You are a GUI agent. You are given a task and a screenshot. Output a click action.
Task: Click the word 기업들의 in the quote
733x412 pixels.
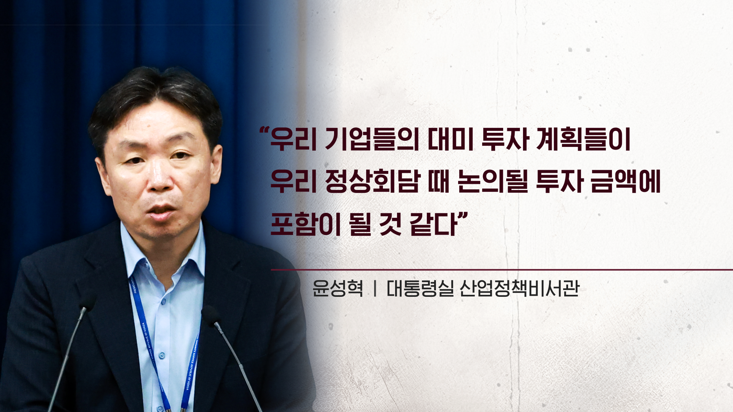click(x=372, y=140)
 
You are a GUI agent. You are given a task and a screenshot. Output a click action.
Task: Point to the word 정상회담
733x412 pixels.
click(x=372, y=182)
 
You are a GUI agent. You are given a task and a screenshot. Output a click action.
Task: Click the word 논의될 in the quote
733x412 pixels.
click(x=493, y=182)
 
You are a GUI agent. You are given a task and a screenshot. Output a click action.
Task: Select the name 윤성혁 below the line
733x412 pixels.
click(x=337, y=288)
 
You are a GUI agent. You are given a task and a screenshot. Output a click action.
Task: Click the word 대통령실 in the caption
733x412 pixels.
click(x=420, y=288)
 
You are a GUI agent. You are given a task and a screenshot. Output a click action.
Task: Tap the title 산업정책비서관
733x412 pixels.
click(x=520, y=288)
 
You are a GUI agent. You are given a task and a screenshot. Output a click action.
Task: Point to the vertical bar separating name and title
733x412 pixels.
click(x=375, y=288)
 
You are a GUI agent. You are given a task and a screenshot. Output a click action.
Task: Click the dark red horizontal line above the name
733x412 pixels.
click(x=502, y=270)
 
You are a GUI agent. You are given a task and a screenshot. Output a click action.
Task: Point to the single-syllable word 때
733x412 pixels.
click(x=439, y=182)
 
